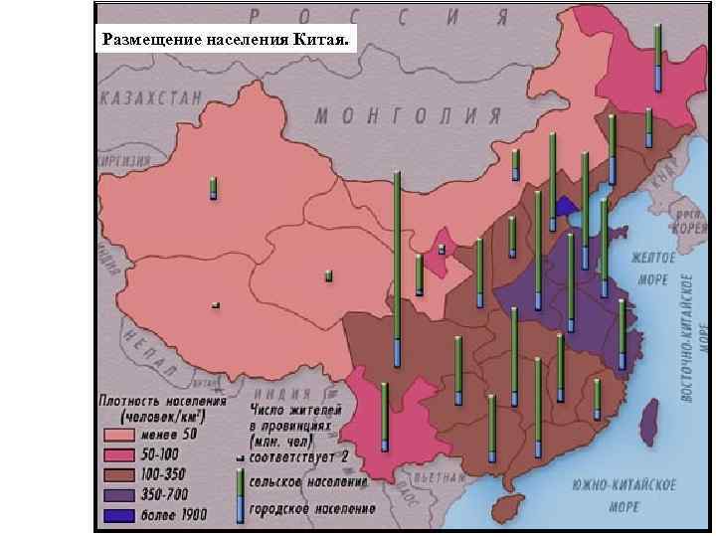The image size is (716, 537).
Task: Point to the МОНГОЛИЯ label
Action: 408,114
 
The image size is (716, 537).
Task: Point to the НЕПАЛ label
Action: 144,348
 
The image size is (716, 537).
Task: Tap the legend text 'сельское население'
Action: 308,481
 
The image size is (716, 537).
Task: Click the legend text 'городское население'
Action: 312,509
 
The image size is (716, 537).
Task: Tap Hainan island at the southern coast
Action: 508,508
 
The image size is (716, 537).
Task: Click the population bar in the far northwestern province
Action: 213,187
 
